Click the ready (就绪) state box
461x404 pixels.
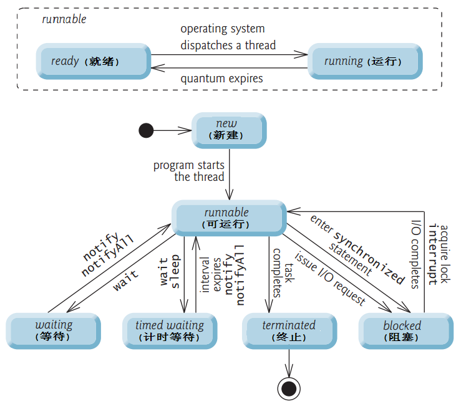click(93, 61)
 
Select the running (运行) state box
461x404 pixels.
click(362, 61)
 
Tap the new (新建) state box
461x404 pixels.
click(228, 130)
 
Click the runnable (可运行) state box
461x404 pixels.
click(228, 218)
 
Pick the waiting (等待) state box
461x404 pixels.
click(53, 330)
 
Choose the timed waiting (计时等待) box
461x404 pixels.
click(169, 330)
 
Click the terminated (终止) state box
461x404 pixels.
click(289, 330)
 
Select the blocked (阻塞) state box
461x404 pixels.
click(402, 330)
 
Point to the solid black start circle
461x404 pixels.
click(146, 130)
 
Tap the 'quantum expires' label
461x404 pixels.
click(221, 79)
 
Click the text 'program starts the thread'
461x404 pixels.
click(189, 171)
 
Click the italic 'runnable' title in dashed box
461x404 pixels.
click(64, 19)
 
